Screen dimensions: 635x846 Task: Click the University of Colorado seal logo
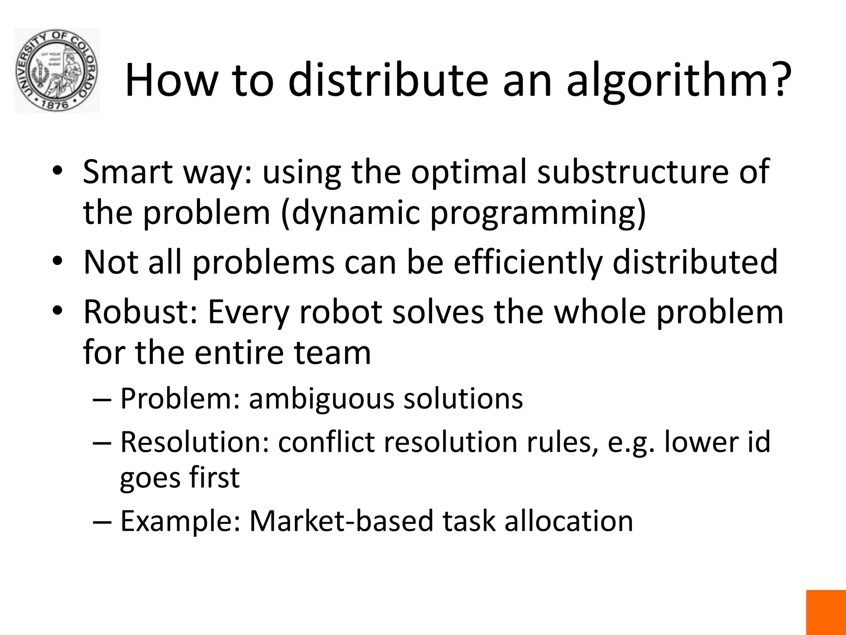(x=57, y=71)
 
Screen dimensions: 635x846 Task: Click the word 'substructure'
(x=632, y=172)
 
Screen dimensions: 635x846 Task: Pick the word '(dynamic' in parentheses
(x=350, y=213)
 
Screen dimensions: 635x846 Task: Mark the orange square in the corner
(x=826, y=612)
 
